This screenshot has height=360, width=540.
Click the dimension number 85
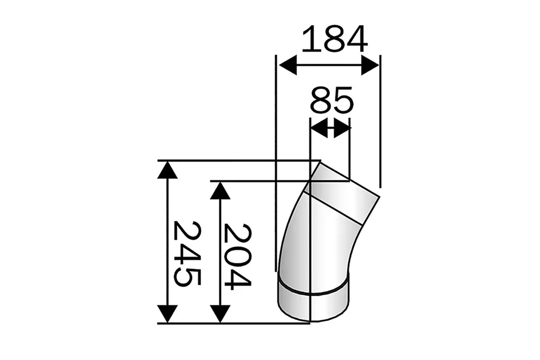pyautogui.click(x=331, y=101)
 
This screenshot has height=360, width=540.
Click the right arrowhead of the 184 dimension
pyautogui.click(x=371, y=65)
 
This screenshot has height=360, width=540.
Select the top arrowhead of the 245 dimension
pyautogui.click(x=167, y=169)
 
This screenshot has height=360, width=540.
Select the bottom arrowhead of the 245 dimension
pyautogui.click(x=167, y=314)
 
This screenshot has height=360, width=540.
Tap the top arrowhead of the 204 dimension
pyautogui.click(x=220, y=190)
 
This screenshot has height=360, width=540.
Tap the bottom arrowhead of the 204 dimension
pyautogui.click(x=220, y=314)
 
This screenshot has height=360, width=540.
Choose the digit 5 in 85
pyautogui.click(x=343, y=101)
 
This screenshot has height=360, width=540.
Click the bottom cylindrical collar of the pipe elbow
pyautogui.click(x=313, y=298)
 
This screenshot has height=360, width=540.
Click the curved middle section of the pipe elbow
pyautogui.click(x=318, y=242)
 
